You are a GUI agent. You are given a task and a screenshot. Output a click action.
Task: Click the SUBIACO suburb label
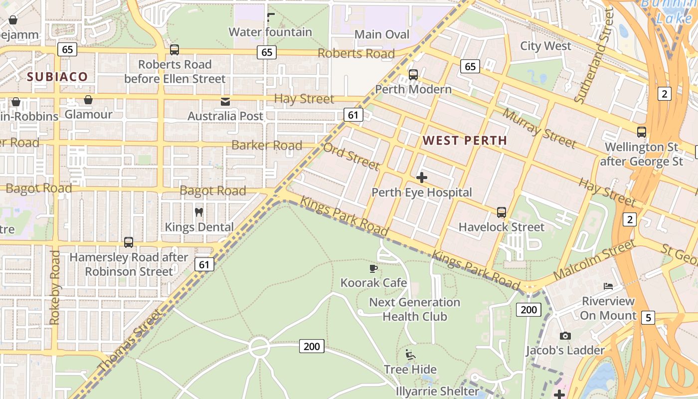click(x=57, y=77)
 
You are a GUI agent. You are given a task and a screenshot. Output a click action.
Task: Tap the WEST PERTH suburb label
click(x=465, y=141)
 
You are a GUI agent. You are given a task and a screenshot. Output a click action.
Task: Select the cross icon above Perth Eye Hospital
click(x=422, y=177)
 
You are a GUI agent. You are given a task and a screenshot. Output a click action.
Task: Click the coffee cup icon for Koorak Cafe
click(x=373, y=269)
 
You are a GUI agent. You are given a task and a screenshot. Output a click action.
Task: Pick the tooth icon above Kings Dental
click(x=198, y=212)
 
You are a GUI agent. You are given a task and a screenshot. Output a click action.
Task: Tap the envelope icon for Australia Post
click(x=225, y=102)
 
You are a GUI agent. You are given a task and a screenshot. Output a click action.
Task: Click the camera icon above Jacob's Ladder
click(x=565, y=336)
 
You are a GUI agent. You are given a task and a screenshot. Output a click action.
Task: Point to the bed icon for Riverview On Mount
click(x=608, y=286)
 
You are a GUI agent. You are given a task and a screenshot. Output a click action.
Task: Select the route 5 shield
click(x=648, y=318)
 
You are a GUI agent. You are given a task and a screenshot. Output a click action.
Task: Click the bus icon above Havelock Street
click(x=501, y=212)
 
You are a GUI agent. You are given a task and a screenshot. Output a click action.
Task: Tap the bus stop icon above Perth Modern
click(x=413, y=75)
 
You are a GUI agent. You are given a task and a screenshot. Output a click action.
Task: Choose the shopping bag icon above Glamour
click(x=88, y=100)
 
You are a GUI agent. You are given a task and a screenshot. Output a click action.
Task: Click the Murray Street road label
click(x=538, y=128)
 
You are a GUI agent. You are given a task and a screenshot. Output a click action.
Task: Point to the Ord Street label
click(x=351, y=157)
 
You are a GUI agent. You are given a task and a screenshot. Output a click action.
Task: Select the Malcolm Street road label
click(x=594, y=259)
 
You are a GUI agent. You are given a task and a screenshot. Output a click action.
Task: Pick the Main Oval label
click(x=382, y=34)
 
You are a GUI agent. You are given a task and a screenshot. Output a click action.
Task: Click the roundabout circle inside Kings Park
click(x=259, y=348)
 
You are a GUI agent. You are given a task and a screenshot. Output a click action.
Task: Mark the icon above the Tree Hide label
click(x=410, y=355)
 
